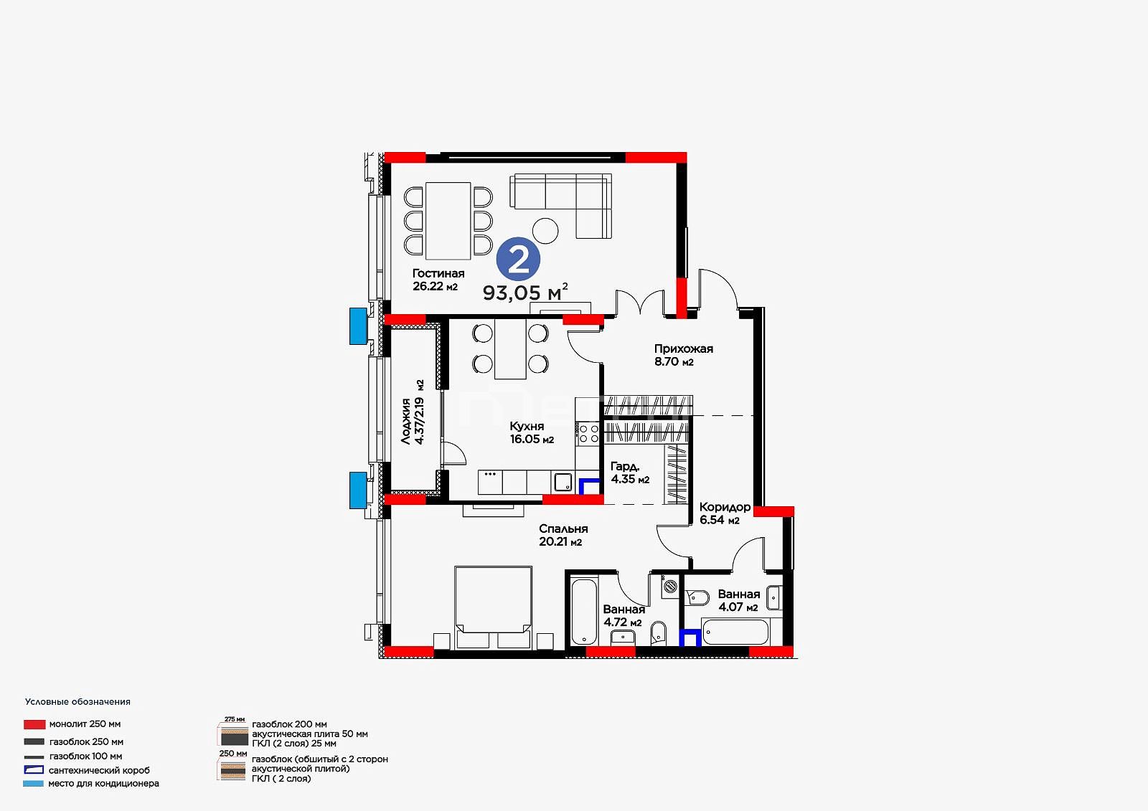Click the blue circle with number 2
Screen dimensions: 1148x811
click(x=518, y=260)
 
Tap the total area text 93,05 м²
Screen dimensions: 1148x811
click(x=525, y=292)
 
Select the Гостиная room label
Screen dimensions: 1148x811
click(x=438, y=274)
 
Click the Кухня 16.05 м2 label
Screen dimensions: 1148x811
click(x=532, y=432)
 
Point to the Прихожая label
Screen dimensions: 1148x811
click(x=683, y=349)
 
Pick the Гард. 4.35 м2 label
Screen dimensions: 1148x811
click(x=630, y=473)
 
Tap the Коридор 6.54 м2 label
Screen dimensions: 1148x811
click(x=725, y=513)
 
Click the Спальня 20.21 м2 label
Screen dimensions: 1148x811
click(x=563, y=536)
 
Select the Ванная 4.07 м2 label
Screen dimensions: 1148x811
click(x=738, y=600)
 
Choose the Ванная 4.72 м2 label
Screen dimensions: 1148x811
click(x=624, y=616)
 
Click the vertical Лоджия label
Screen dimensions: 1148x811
click(x=413, y=412)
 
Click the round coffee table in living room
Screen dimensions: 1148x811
click(x=545, y=231)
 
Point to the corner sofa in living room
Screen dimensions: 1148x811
click(x=560, y=205)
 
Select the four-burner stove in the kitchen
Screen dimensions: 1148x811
click(x=588, y=433)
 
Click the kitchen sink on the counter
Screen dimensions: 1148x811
click(x=563, y=482)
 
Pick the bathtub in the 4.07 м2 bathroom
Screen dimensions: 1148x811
click(x=735, y=632)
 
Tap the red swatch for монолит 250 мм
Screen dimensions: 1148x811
click(x=34, y=724)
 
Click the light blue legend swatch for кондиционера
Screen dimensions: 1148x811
click(x=33, y=784)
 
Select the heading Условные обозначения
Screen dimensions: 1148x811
click(x=78, y=702)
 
